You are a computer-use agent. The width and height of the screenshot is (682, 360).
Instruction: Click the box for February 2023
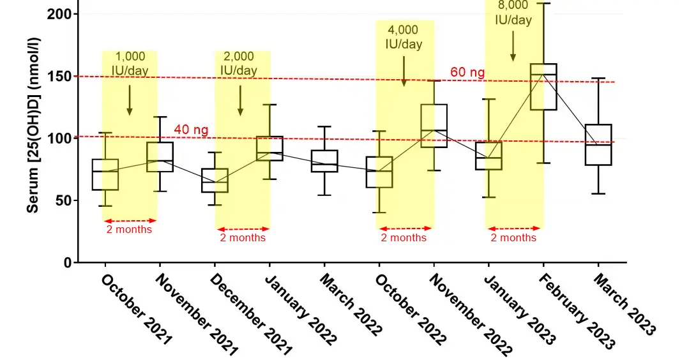pyautogui.click(x=543, y=87)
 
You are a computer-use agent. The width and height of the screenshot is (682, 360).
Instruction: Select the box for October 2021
pyautogui.click(x=105, y=174)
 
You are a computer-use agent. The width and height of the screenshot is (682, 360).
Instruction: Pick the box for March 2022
pyautogui.click(x=324, y=161)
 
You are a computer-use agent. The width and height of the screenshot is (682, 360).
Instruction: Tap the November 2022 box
pyautogui.click(x=434, y=126)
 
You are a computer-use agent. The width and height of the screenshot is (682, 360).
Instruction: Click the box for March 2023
pyautogui.click(x=598, y=145)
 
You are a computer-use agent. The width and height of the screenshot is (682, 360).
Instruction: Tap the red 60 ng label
pyautogui.click(x=467, y=72)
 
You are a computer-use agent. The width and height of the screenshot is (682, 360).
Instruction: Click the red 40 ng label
pyautogui.click(x=191, y=131)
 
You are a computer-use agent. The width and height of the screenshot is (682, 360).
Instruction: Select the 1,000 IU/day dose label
pyautogui.click(x=130, y=63)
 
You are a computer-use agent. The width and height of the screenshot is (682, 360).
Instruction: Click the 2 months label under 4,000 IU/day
pyautogui.click(x=404, y=237)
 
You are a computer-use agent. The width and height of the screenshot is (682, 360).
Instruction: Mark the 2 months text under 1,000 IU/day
pyautogui.click(x=129, y=229)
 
